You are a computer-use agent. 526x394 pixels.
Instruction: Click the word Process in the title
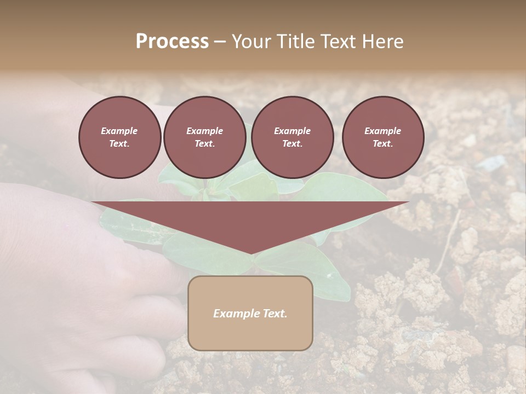172,42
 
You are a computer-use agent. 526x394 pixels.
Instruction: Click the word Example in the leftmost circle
119,131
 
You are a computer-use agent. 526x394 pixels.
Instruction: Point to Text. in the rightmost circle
382,144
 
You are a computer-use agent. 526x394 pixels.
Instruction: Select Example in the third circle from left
292,131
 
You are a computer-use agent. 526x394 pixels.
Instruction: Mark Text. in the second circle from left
204,144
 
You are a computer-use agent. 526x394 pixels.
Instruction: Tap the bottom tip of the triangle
250,252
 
